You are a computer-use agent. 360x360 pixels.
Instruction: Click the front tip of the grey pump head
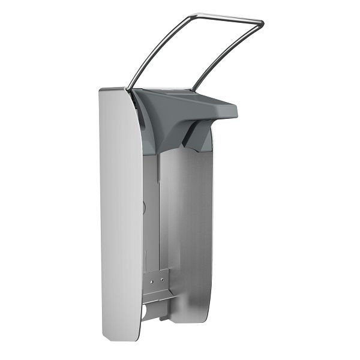pos(234,111)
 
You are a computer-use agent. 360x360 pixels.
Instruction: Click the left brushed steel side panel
pos(120,210)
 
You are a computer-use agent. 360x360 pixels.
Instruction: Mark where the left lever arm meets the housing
pos(128,89)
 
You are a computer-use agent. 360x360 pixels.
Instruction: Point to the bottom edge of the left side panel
pos(123,338)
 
